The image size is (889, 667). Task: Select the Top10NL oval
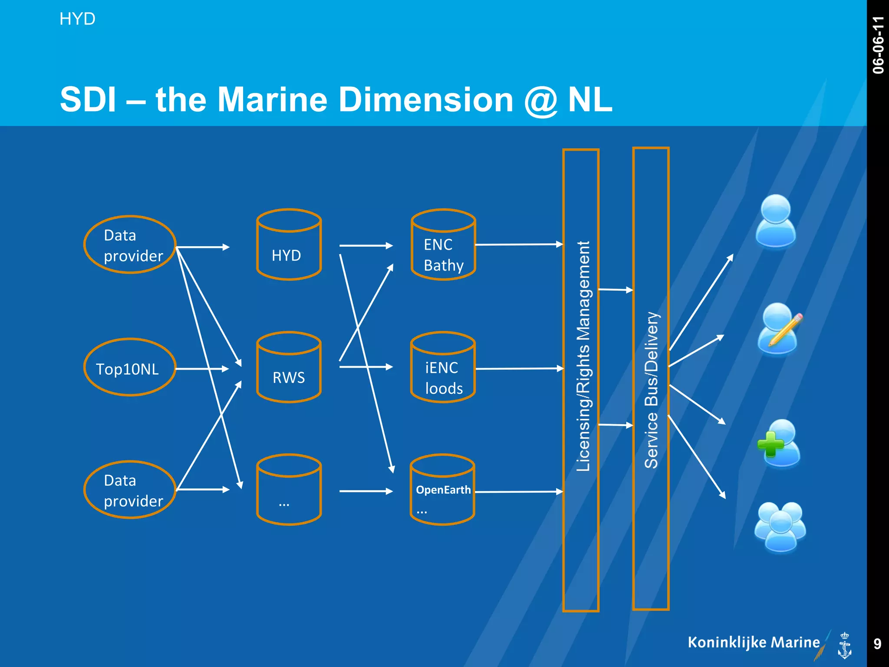(x=129, y=368)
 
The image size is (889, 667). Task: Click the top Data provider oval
(x=129, y=245)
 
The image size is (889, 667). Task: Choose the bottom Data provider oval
(x=129, y=490)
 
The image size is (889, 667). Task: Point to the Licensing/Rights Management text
(x=583, y=356)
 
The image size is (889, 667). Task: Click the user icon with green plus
(x=779, y=444)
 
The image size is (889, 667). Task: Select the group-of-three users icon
(x=780, y=527)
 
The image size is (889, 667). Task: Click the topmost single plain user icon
(x=776, y=221)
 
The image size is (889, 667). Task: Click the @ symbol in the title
(x=540, y=101)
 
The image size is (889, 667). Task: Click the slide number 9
(x=877, y=644)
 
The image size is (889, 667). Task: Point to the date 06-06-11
(x=878, y=45)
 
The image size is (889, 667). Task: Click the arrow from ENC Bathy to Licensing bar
(x=519, y=245)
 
